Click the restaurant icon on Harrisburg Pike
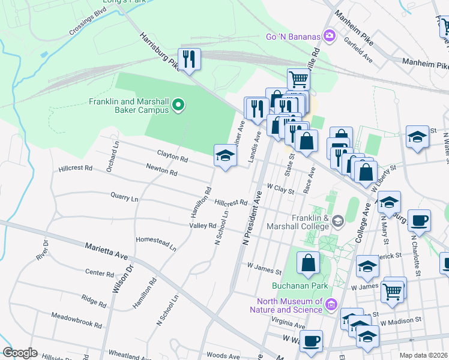coord(190,59)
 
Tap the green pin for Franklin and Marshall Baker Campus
coord(178,106)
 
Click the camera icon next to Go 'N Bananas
coord(329,37)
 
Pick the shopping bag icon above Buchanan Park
coord(308,263)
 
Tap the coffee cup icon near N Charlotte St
coord(419,220)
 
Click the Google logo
coord(20,353)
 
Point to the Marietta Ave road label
coord(106,251)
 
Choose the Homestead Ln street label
coord(157,242)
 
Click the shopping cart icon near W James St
coord(393,292)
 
